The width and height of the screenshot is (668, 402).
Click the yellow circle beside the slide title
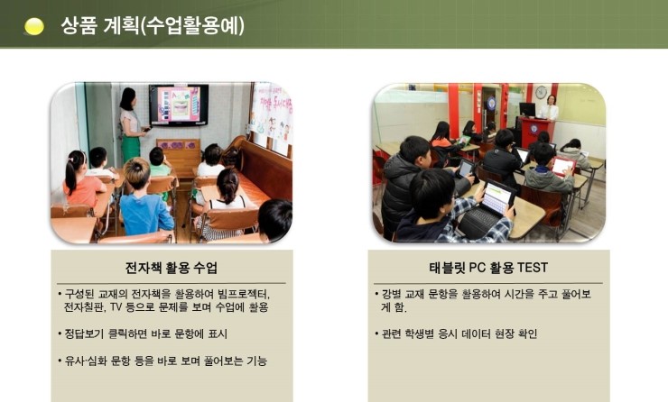coord(34,26)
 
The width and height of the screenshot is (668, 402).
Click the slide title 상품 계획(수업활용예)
coord(153,25)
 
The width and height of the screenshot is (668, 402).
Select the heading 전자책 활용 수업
coord(172,268)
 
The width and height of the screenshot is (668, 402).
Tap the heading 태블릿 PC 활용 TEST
coord(488,268)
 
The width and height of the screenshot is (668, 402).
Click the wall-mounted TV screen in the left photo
coord(179,105)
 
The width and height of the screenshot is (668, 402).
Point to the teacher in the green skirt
coord(131,124)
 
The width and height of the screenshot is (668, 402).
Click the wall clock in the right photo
coord(541,92)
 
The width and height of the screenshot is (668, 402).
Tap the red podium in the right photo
coord(535,132)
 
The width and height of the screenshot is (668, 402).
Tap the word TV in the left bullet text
coord(116,307)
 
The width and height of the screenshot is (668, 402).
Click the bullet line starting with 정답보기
coord(143,333)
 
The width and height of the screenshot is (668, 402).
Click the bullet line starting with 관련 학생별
coord(456,333)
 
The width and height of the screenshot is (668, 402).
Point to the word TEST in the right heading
coord(532,268)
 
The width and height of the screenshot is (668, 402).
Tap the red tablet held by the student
coord(562,166)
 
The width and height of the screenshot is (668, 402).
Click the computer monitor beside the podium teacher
coord(527,110)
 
